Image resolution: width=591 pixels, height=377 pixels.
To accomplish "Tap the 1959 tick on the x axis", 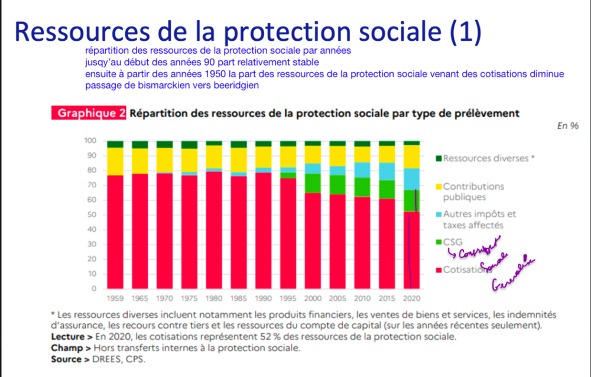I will tap(115, 298).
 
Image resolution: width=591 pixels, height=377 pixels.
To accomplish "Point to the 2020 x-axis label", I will tap(411, 298).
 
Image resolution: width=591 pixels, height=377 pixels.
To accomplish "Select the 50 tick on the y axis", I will tap(90, 214).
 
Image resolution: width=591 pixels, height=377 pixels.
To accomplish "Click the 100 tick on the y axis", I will tap(89, 141).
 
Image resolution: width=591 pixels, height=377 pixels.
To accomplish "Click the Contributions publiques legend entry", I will tap(473, 191).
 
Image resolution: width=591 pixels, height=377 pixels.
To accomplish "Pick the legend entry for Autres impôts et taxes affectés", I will tap(479, 219).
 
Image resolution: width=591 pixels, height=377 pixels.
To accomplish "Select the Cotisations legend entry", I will tap(467, 269).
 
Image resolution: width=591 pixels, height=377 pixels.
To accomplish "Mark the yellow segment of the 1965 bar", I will tap(140, 161).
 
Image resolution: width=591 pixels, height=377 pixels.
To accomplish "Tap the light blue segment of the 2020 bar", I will tap(411, 179).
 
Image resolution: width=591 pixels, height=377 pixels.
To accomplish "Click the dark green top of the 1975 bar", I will tap(189, 145).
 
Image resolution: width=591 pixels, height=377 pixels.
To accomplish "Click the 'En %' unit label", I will tap(567, 126).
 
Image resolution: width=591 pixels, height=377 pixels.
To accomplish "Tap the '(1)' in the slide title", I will tap(465, 31).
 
